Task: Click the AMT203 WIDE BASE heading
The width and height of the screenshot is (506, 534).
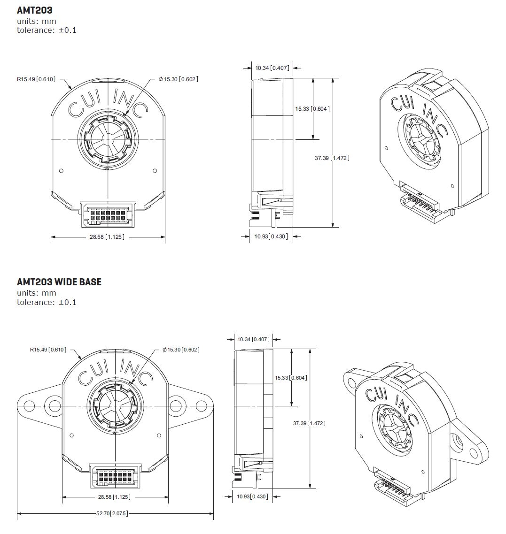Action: point(59,282)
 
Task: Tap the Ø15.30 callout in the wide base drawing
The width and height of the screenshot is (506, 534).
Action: point(181,350)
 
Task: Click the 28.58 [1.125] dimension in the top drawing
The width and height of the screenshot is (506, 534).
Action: point(107,237)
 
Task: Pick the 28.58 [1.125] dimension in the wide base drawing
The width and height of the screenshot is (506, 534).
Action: point(114,496)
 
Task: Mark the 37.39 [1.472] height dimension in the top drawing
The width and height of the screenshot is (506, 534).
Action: point(332,158)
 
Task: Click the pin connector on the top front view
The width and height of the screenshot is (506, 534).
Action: point(108,212)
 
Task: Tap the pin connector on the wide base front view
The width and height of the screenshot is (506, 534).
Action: point(115,475)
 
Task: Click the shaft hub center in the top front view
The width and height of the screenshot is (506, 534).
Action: point(108,140)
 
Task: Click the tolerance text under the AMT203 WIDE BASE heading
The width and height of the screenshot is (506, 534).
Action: point(47,302)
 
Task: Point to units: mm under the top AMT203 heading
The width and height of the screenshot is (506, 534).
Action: point(36,21)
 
